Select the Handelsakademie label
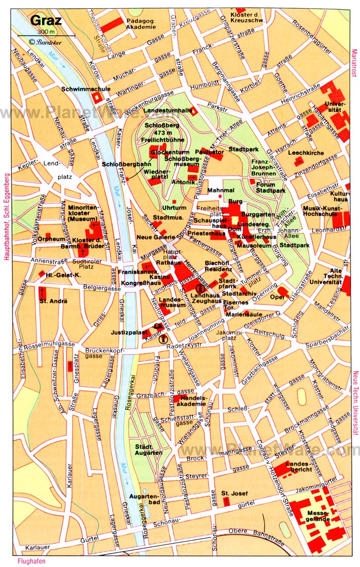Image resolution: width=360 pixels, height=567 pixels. click(191, 401)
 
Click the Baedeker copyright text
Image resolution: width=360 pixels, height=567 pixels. click(43, 42)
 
